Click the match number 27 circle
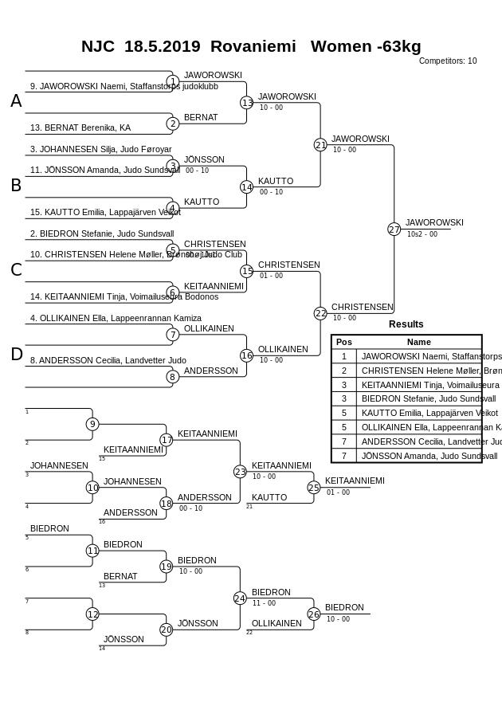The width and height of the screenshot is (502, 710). [x=394, y=229]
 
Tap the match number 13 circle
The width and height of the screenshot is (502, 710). [x=247, y=103]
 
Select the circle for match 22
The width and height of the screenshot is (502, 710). [x=320, y=314]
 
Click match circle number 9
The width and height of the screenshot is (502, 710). [x=92, y=424]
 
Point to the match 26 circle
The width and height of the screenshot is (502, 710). [x=314, y=614]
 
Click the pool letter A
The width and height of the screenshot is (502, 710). [x=16, y=101]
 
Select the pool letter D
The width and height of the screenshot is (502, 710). [x=16, y=355]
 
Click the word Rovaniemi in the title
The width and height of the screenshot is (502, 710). [x=253, y=46]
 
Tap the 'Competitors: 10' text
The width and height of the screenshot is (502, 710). [x=448, y=61]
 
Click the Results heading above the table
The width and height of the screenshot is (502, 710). [x=406, y=324]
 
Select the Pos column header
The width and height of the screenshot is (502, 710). [x=344, y=342]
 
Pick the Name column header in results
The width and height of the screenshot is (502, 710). [x=418, y=342]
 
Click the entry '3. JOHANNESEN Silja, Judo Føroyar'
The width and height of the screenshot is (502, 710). [x=101, y=149]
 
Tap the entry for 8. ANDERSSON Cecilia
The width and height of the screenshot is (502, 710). [x=108, y=360]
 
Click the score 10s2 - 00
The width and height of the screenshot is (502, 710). [x=422, y=234]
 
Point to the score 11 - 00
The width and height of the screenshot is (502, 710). [x=265, y=603]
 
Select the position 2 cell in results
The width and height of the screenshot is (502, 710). [x=344, y=371]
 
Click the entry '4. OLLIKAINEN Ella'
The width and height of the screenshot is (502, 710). [x=116, y=318]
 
